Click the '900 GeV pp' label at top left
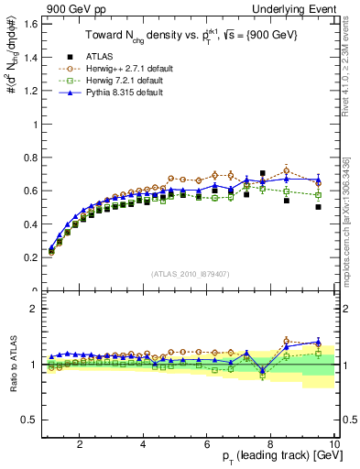point(67,7)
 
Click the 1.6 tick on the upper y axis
point(29,24)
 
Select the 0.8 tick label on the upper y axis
point(29,158)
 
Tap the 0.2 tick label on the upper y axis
point(29,257)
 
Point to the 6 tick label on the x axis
point(207,444)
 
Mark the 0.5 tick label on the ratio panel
point(29,420)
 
